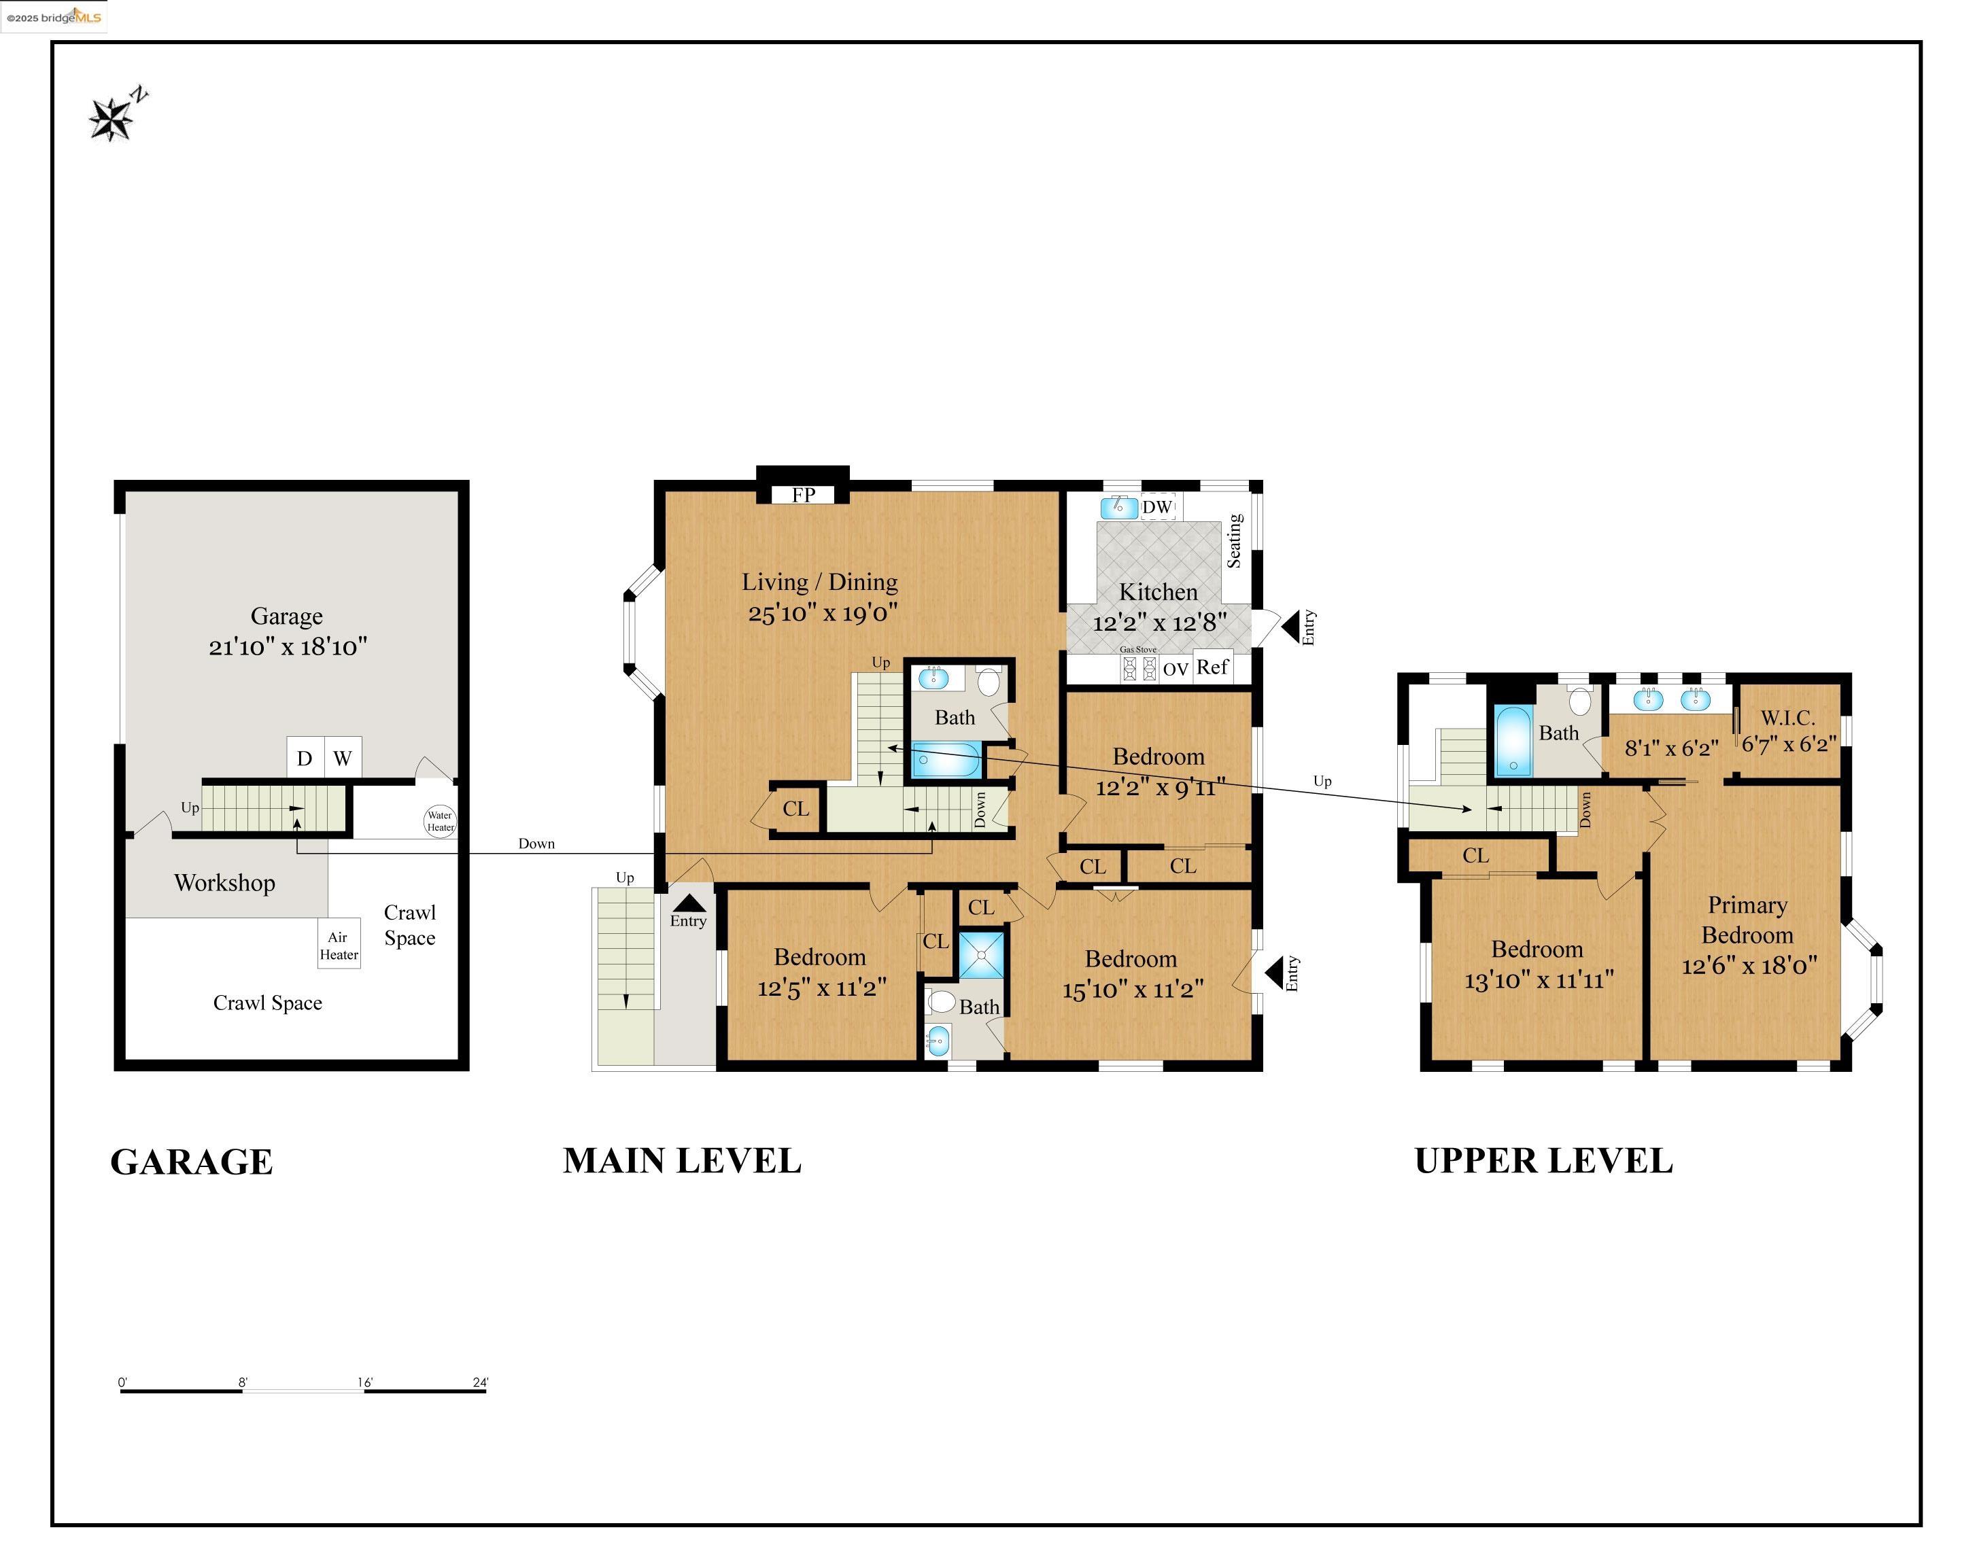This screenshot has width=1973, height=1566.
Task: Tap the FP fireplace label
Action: pos(804,495)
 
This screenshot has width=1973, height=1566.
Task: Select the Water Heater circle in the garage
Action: pos(440,820)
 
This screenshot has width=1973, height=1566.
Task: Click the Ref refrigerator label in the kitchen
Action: pos(1212,667)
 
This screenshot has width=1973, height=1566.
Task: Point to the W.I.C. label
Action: pos(1787,718)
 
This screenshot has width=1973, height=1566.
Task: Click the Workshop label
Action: pos(224,883)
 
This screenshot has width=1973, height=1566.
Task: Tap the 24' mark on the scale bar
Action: pos(481,1382)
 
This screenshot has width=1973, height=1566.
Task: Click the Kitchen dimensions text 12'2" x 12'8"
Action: pos(1159,623)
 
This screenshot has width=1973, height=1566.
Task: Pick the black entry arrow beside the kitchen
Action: pos(1290,627)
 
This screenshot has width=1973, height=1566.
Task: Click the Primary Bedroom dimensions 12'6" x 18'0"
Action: pos(1749,965)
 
